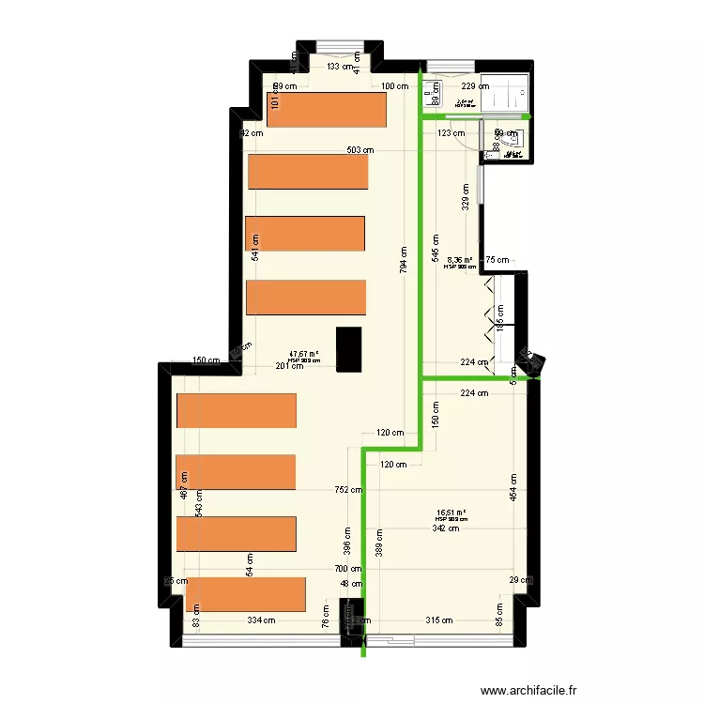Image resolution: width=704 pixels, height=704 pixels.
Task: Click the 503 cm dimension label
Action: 360,149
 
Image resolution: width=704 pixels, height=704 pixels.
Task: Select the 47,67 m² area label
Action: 304,354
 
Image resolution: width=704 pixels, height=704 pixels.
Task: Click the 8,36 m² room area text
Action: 460,261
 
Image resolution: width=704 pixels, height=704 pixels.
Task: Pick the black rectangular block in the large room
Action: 349,348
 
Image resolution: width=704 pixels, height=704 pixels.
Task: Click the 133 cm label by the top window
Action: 341,67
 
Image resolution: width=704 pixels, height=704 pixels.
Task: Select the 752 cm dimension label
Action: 349,488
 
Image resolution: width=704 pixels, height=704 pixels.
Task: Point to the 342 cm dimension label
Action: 446,528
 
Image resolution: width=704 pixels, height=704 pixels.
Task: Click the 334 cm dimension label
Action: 262,620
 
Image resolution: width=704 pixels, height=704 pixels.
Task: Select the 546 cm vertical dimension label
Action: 435,247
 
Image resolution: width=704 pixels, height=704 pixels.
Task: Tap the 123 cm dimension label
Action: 451,133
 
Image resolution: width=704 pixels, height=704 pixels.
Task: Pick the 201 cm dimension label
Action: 289,366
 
